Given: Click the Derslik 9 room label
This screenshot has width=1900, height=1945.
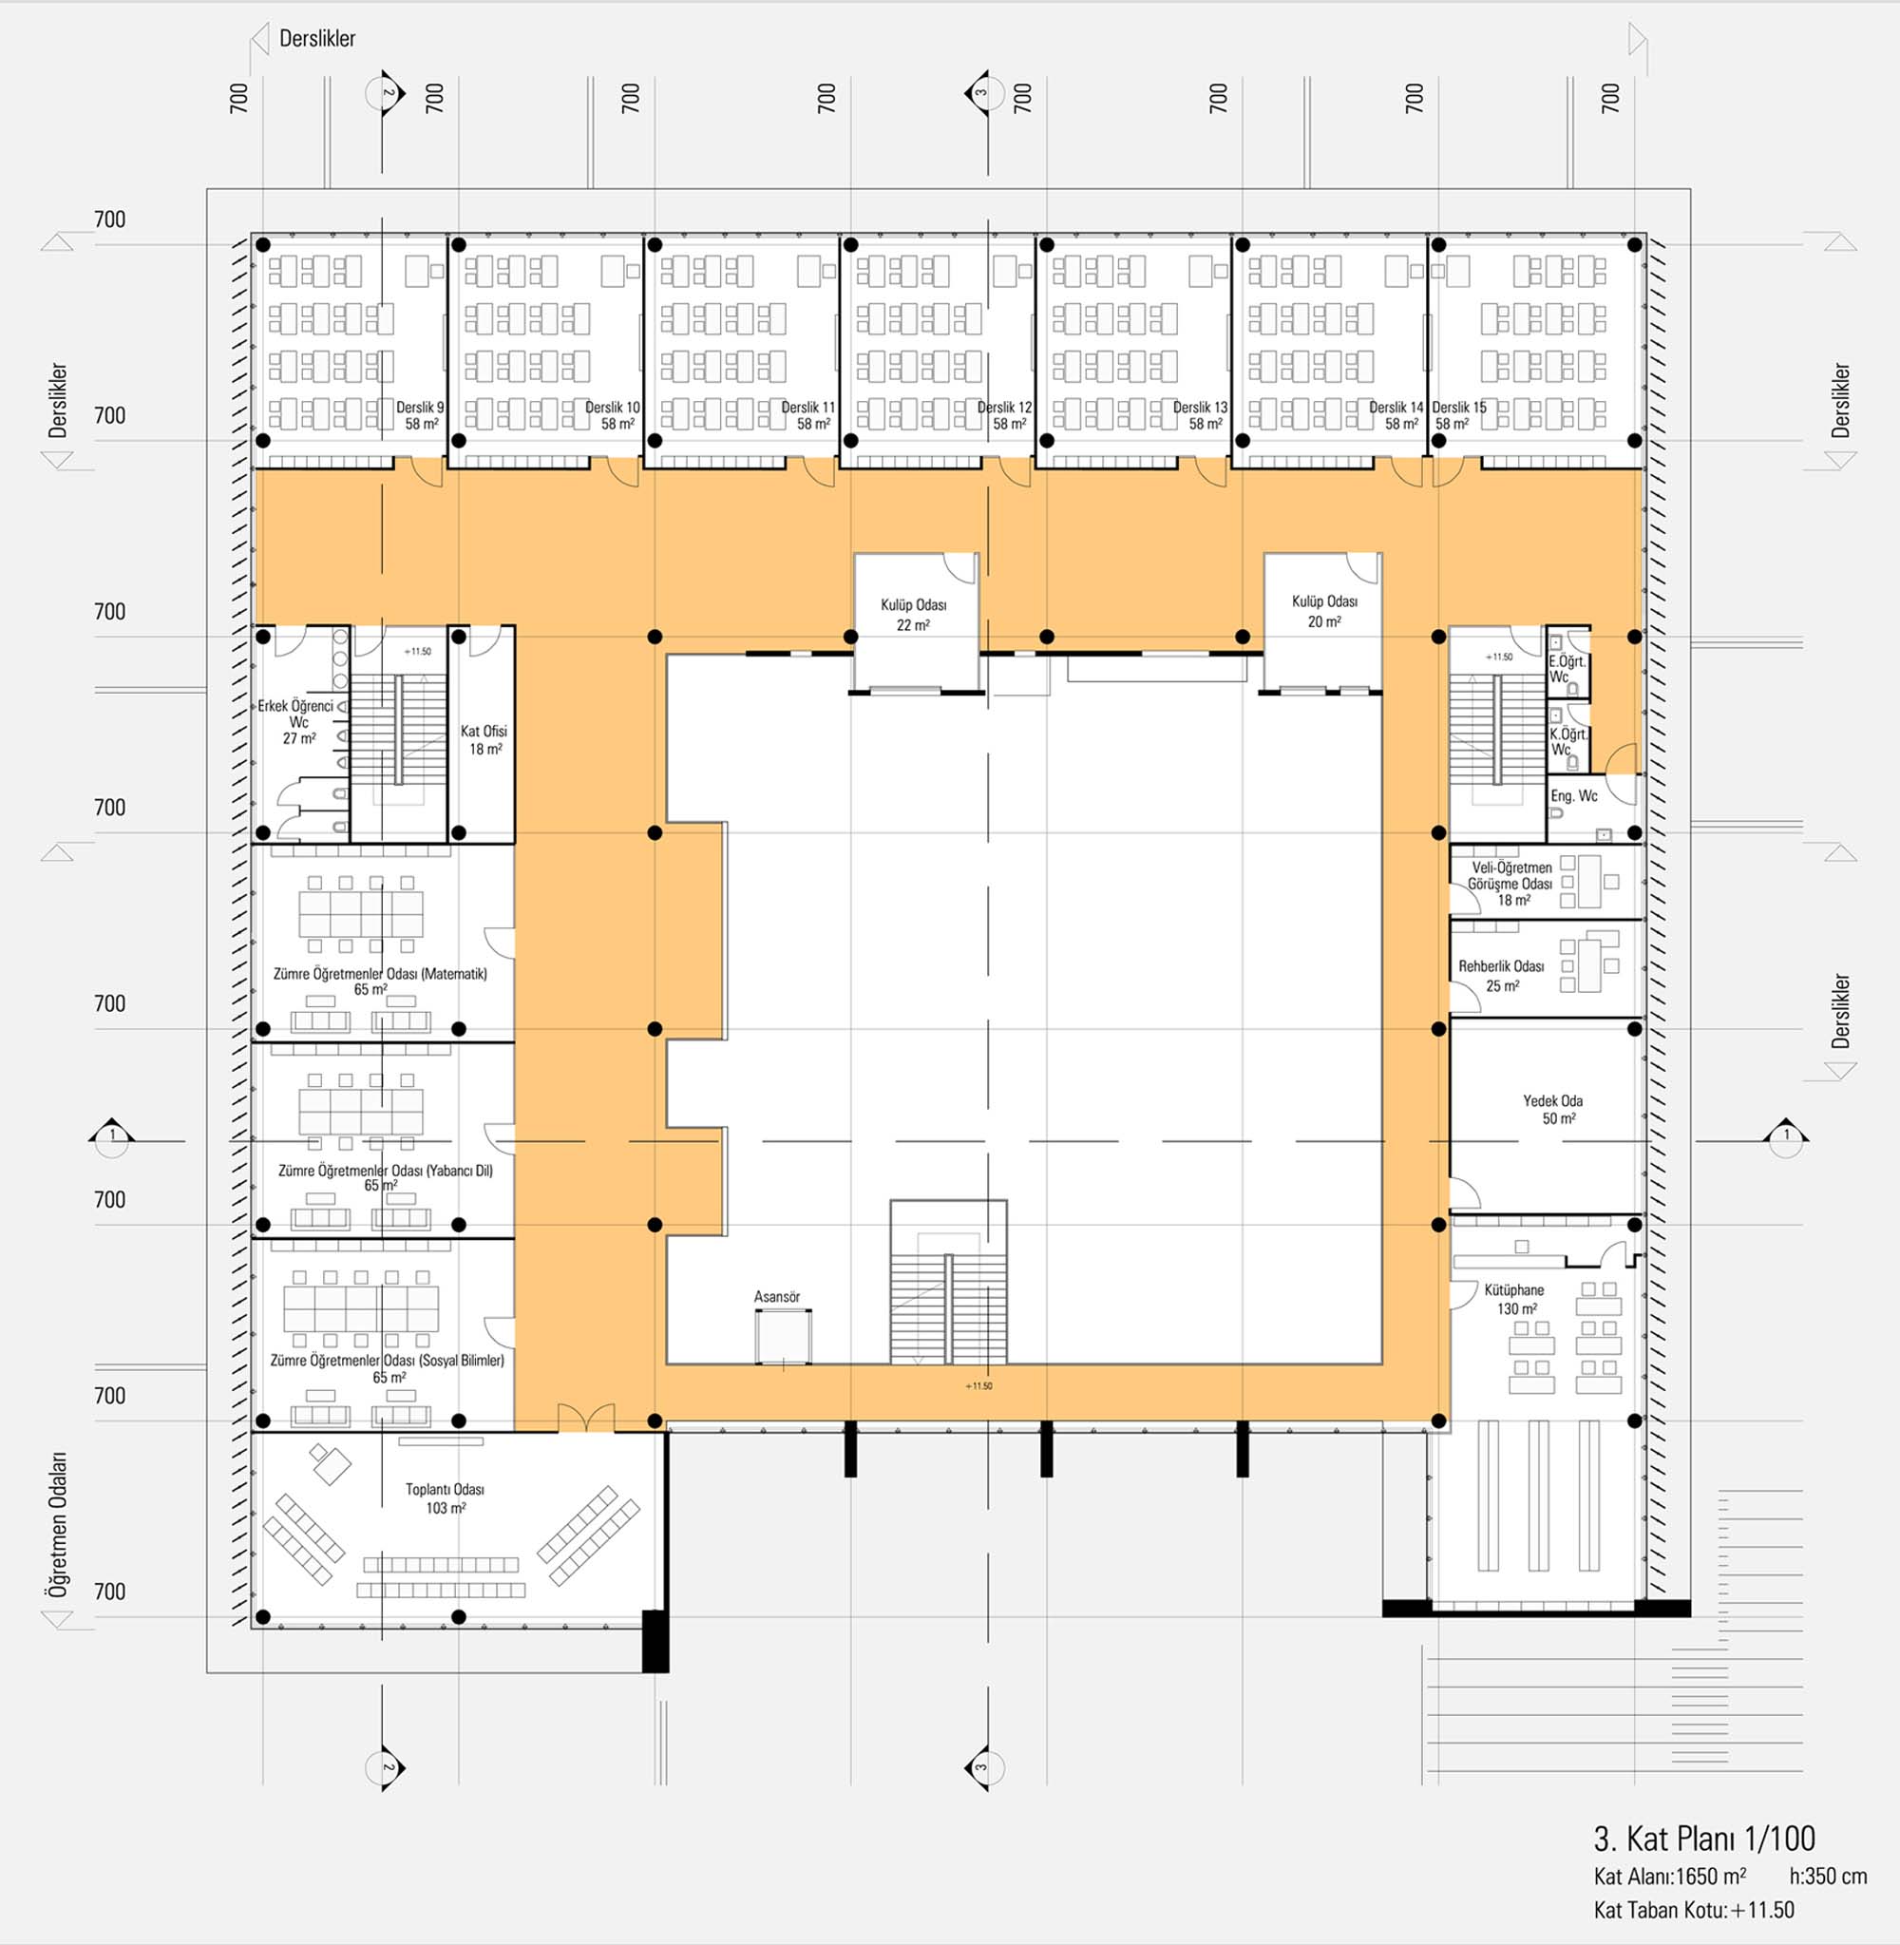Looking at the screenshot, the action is [420, 408].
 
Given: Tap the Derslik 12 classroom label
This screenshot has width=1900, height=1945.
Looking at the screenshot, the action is [1004, 408].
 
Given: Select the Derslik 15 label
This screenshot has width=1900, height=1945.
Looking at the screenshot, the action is [1459, 408].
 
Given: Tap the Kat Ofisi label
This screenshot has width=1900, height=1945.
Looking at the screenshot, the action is [484, 732].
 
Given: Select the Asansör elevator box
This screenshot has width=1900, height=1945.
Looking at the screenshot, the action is [783, 1336].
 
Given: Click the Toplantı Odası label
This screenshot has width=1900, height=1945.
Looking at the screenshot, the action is [445, 1489].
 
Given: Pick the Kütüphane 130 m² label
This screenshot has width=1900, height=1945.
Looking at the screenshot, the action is [1515, 1299].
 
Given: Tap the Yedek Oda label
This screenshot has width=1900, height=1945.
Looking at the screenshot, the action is [1552, 1099].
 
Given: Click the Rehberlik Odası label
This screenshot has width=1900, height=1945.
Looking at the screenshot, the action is [1502, 966].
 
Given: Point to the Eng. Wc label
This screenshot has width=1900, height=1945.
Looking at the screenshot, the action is [1574, 795].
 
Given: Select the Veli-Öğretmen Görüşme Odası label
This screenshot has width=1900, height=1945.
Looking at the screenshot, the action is [1510, 875].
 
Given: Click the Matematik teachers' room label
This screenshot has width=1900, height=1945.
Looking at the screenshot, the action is [380, 973].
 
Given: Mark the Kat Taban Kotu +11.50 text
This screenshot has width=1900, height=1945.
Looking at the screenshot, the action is [1694, 1910].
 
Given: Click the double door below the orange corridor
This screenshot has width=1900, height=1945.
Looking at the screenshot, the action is [586, 1417].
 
